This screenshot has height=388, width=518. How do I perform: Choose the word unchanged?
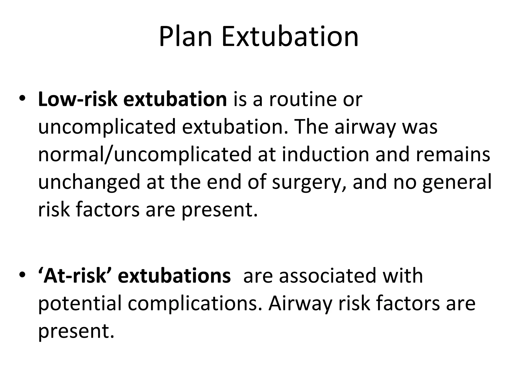[x=89, y=182]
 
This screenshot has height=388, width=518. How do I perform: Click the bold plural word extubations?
[x=174, y=276]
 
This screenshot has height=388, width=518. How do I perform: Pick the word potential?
[x=80, y=304]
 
